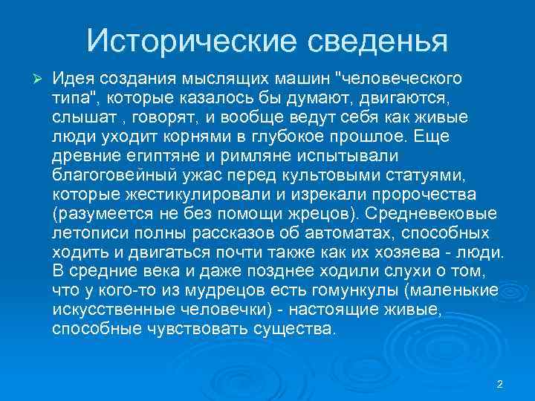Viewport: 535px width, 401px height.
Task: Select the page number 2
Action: (499, 385)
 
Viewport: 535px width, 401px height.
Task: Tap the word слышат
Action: (77, 117)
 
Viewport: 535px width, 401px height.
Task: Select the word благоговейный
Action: (113, 175)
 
